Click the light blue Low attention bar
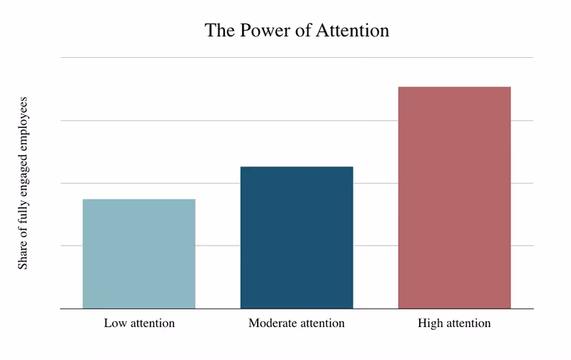coord(138,254)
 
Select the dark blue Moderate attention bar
coord(296,237)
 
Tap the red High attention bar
coord(454,198)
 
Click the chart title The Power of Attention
coord(296,31)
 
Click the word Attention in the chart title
coord(355,31)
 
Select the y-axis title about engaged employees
coord(23,182)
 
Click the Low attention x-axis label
coord(139,324)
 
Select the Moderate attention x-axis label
coord(296,324)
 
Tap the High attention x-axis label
coord(454,324)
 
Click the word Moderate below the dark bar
coord(271,324)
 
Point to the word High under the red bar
coord(430,324)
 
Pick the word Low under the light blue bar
coord(114,324)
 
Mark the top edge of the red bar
coord(454,87)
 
